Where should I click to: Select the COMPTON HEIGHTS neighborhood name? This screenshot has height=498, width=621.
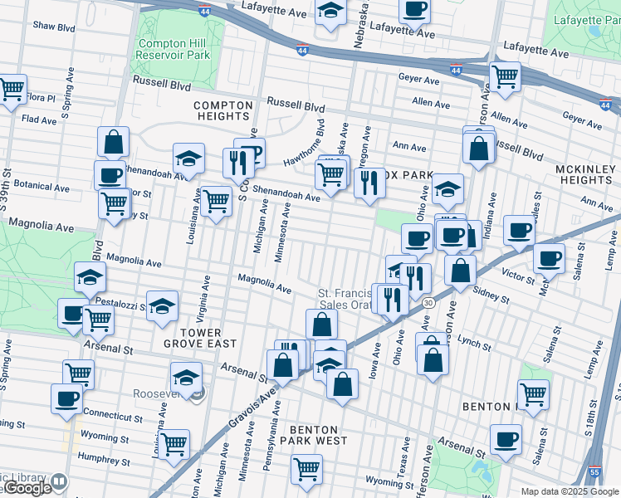(222, 111)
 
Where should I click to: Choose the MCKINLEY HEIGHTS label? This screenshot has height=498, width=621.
(584, 174)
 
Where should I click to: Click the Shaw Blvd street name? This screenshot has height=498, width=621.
(53, 27)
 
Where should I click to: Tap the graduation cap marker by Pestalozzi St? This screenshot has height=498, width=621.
(163, 305)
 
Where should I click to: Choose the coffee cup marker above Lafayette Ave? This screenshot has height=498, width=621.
(414, 10)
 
